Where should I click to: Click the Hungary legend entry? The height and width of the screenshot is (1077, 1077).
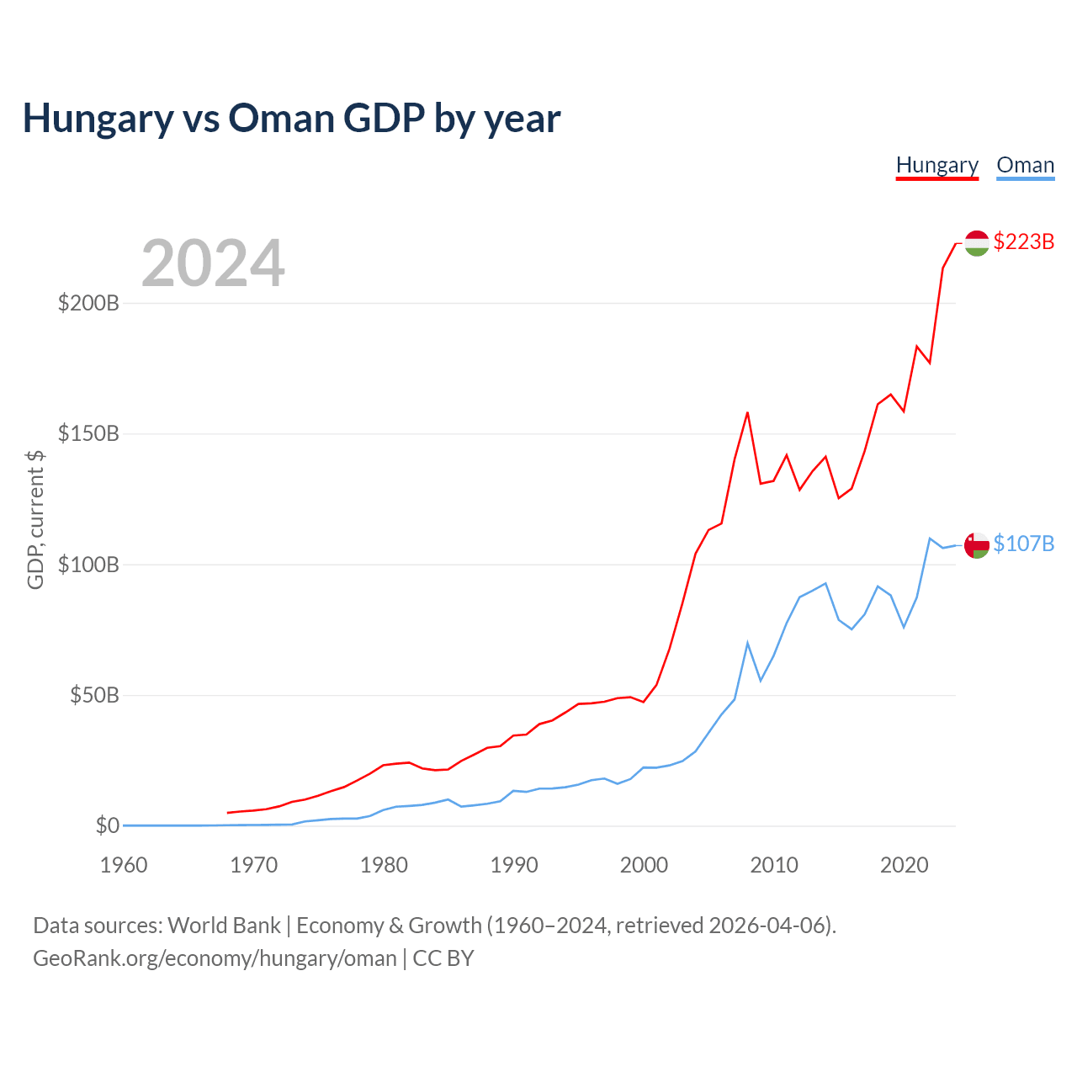pyautogui.click(x=937, y=165)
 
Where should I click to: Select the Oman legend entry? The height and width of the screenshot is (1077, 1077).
pyautogui.click(x=1025, y=165)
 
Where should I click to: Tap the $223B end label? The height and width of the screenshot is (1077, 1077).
pyautogui.click(x=1023, y=241)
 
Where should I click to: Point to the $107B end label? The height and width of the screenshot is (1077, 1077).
pyautogui.click(x=1023, y=544)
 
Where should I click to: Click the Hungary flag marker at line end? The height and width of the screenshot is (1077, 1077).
pyautogui.click(x=976, y=242)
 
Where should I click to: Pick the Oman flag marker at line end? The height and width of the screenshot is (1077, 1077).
pyautogui.click(x=976, y=544)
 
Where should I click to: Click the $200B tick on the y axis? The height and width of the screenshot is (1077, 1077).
pyautogui.click(x=88, y=303)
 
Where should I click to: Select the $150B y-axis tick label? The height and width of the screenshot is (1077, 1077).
pyautogui.click(x=88, y=434)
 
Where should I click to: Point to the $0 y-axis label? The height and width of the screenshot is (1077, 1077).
pyautogui.click(x=107, y=826)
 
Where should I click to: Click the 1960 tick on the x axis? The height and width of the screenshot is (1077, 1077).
pyautogui.click(x=124, y=865)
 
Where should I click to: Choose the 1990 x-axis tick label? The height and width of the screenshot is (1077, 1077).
pyautogui.click(x=514, y=865)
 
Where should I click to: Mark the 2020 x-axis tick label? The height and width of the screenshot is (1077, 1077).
pyautogui.click(x=905, y=865)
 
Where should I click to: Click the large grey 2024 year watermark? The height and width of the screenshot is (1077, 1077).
pyautogui.click(x=213, y=263)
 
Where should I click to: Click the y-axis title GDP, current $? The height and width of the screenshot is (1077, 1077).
pyautogui.click(x=35, y=520)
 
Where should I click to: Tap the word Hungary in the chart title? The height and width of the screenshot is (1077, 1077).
pyautogui.click(x=98, y=119)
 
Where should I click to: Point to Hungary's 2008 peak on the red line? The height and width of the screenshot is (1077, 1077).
pyautogui.click(x=747, y=412)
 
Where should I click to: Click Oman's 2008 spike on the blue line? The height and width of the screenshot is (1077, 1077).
pyautogui.click(x=747, y=643)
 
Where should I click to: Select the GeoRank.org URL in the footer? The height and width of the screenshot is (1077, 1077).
pyautogui.click(x=215, y=958)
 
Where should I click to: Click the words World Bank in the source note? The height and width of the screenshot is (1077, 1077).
pyautogui.click(x=224, y=926)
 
